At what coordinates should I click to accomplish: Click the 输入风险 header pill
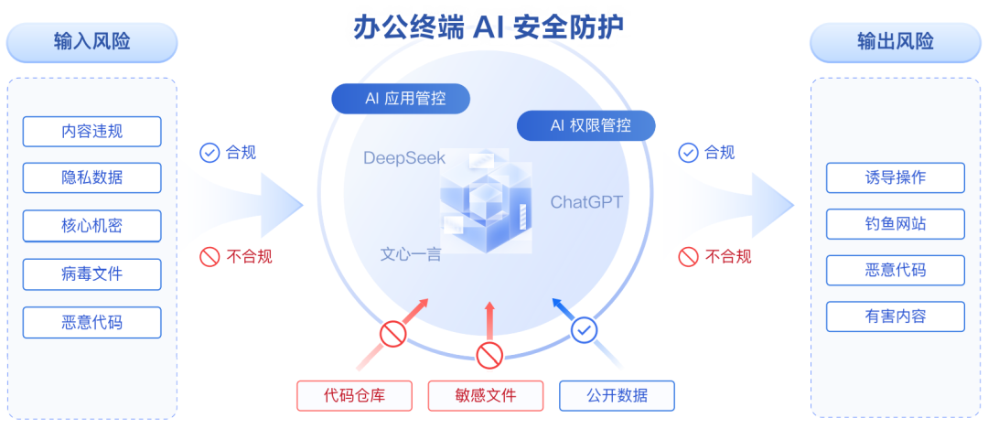[x=91, y=42]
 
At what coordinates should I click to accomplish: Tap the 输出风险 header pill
[x=895, y=42]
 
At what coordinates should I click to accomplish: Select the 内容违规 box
[x=91, y=132]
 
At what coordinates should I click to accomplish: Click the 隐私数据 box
[x=91, y=178]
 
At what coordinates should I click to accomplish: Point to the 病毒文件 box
[x=91, y=273]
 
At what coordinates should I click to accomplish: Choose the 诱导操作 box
[x=895, y=177]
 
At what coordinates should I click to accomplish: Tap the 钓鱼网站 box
[x=895, y=224]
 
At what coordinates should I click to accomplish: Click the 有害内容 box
[x=895, y=316]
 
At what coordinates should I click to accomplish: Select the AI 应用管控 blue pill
[x=401, y=99]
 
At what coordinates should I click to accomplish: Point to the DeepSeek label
[x=404, y=158]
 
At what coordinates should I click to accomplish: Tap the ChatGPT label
[x=586, y=202]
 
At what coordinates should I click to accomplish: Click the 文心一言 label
[x=411, y=253]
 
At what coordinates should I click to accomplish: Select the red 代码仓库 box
[x=354, y=395]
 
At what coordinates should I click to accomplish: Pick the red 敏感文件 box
[x=485, y=395]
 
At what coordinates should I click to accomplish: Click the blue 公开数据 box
[x=617, y=395]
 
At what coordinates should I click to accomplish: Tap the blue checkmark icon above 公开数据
[x=585, y=329]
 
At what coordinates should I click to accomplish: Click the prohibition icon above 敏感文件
[x=489, y=355]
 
